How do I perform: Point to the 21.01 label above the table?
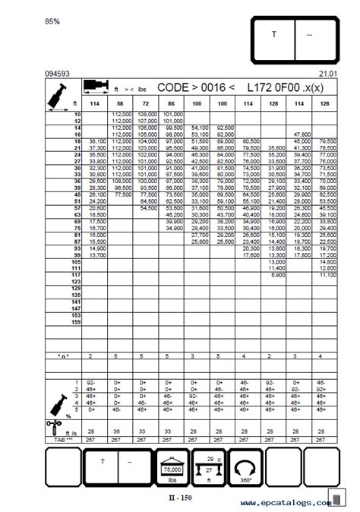(x=327, y=73)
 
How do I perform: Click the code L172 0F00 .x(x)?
(x=282, y=88)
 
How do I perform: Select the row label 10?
(x=77, y=113)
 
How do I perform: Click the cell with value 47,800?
(x=302, y=134)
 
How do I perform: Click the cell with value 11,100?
(x=327, y=275)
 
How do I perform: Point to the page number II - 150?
(x=180, y=498)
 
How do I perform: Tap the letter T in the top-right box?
(x=274, y=34)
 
